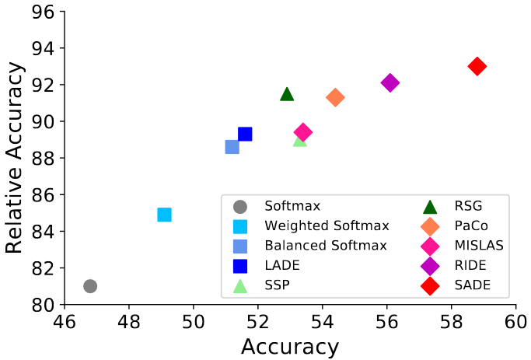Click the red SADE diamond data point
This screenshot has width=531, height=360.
point(477,66)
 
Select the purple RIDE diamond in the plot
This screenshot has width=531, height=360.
point(390,82)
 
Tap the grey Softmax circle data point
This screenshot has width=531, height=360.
point(90,286)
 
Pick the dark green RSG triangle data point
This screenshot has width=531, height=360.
point(287,94)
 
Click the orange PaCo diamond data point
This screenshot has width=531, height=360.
point(335,97)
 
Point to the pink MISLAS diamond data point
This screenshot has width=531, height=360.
point(303,132)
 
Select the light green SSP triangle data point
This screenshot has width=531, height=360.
point(300,140)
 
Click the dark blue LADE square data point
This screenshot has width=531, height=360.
point(245,134)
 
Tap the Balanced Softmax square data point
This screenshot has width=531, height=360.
point(232,147)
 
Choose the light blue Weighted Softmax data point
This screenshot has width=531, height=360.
point(164,215)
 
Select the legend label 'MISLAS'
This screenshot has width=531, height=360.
point(479,246)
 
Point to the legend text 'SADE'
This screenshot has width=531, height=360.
point(473,285)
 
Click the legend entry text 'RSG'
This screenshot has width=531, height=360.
point(469,206)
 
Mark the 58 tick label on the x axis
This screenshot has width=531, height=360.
point(451,319)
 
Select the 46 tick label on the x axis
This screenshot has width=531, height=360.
point(65,319)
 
